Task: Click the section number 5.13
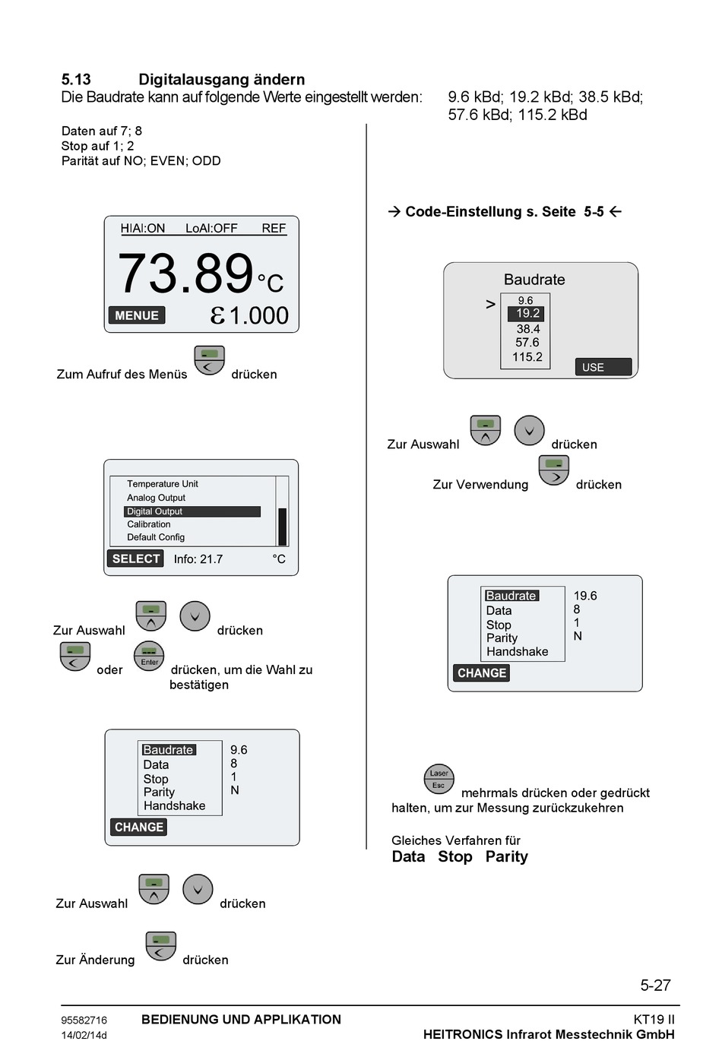coord(76,80)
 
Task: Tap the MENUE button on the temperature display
coord(137,315)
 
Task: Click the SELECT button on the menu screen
coord(136,558)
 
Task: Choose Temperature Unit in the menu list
coord(162,484)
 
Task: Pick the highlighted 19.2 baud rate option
coord(527,313)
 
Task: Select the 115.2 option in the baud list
coord(527,357)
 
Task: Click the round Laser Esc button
coord(439,779)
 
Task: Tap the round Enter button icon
coord(149,657)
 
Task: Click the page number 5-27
coord(655,986)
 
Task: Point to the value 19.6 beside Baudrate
coord(585,596)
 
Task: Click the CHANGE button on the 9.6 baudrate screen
coord(139,827)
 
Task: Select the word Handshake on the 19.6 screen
coord(517,652)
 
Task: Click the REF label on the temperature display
coord(274,228)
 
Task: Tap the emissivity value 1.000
coord(258,315)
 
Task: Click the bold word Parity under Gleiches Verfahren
coord(506,856)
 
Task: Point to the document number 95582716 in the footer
coord(84,1020)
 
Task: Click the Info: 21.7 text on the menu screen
coord(198,559)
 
